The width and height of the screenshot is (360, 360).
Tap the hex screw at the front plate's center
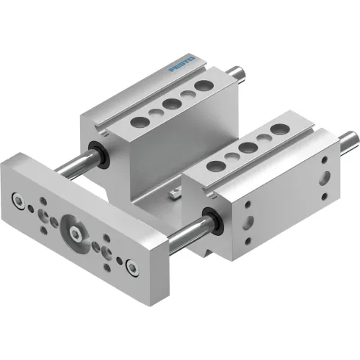click(77, 234)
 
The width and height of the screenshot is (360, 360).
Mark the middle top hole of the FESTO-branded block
click(171, 101)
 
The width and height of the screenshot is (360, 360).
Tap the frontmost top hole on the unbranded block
click(214, 167)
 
